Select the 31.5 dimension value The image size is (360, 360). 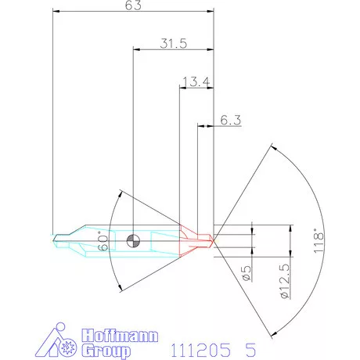[174, 45]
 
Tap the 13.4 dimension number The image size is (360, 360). [196, 81]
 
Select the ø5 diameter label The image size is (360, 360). [244, 273]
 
